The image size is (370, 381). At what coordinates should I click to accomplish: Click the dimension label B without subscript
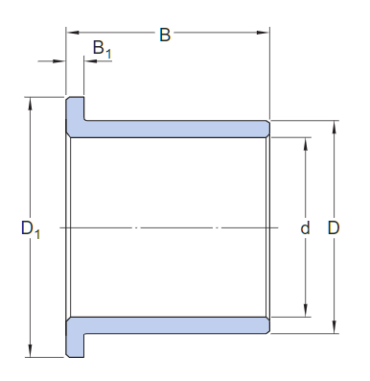pos(165,36)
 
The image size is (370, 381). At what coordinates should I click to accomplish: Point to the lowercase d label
pos(306,228)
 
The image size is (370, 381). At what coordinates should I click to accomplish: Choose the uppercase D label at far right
pos(334,228)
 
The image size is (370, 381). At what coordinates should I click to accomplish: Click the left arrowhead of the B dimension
pos(70,36)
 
